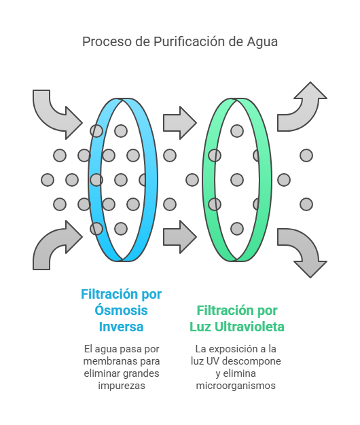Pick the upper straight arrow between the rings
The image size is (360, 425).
tap(180, 123)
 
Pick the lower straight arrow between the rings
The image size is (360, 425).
tap(180, 237)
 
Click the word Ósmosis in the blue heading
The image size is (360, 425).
tap(121, 310)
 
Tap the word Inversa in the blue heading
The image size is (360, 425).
tap(121, 327)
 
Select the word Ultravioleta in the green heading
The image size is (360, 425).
tap(249, 327)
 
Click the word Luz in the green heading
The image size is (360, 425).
tap(200, 327)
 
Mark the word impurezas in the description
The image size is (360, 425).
tap(122, 386)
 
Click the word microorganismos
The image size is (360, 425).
tap(236, 386)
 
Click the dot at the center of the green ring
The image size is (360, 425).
tap(237, 180)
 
